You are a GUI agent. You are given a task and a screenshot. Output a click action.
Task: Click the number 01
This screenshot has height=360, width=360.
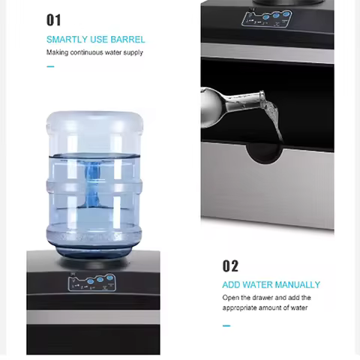point(54,19)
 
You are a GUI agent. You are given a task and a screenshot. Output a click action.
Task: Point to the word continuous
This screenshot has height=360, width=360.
point(89,52)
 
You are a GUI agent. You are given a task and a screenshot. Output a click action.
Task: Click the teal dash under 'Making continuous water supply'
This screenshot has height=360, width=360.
point(50,67)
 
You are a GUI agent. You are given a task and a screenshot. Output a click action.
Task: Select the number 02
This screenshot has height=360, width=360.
point(230,265)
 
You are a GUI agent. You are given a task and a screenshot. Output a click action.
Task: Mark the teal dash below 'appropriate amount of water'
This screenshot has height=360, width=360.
point(226,325)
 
